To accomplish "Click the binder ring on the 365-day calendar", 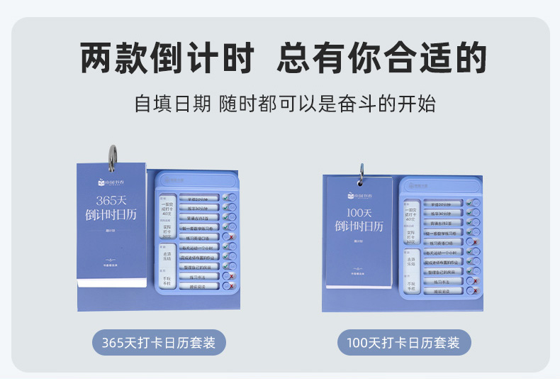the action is tap(112, 157).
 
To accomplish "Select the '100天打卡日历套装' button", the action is tap(403, 343).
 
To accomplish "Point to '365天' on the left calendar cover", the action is tap(111, 201).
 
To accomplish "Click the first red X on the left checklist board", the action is tap(231, 238).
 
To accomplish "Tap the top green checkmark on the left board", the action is tap(226, 198).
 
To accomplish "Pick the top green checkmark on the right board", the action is tap(470, 202).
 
